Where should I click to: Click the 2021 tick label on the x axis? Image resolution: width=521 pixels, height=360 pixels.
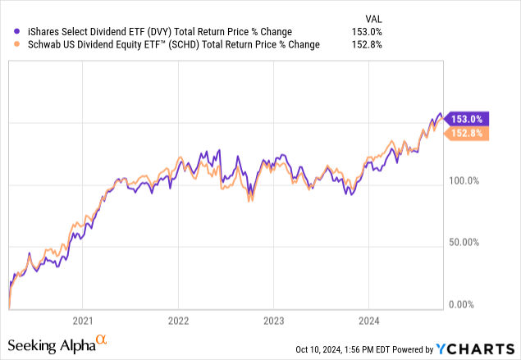pyautogui.click(x=82, y=320)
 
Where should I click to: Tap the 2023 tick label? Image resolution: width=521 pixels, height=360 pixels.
pyautogui.click(x=273, y=320)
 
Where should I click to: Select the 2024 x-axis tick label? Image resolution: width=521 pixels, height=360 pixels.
pyautogui.click(x=369, y=320)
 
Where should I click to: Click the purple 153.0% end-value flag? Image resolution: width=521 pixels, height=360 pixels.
pyautogui.click(x=468, y=118)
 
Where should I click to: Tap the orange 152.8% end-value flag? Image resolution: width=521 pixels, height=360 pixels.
pyautogui.click(x=468, y=133)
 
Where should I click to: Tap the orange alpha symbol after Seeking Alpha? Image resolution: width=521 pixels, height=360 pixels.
pyautogui.click(x=102, y=339)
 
